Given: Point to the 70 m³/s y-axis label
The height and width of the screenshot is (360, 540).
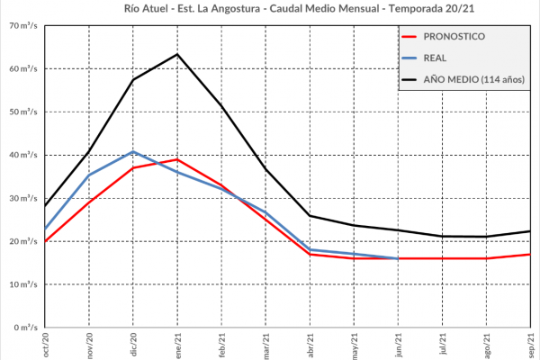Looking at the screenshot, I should (x=22, y=25).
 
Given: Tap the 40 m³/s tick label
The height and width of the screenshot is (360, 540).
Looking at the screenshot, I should (x=22, y=155).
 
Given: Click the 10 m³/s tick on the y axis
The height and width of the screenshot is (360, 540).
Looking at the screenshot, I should (x=22, y=284).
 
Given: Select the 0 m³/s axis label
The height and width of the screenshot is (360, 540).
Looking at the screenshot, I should (x=24, y=328).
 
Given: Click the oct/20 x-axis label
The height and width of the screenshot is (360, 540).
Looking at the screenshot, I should (x=45, y=345).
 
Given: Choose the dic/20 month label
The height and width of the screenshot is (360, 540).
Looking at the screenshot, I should (x=133, y=345).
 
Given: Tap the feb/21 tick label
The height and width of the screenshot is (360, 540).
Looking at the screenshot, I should (x=221, y=345).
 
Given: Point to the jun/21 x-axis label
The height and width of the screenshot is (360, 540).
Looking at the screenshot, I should (x=399, y=345).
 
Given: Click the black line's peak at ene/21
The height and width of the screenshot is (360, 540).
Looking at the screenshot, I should (x=177, y=54).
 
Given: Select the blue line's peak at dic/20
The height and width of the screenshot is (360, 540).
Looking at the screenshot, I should (x=133, y=151).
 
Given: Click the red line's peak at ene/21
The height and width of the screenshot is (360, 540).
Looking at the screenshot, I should (x=177, y=159).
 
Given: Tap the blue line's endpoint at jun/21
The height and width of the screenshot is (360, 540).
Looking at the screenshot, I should (x=399, y=258).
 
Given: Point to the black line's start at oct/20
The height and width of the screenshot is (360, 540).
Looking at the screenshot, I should (x=45, y=206).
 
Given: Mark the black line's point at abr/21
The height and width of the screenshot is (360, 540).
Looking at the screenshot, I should (x=310, y=216).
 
